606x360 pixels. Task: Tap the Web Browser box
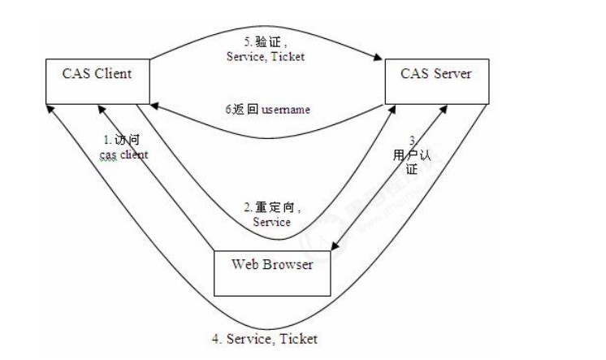[273, 272]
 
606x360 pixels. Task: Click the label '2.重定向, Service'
[271, 215]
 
